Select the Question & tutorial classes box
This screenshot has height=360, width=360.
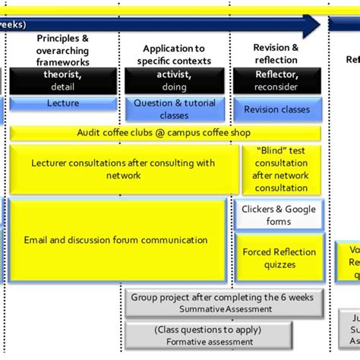click(174, 109)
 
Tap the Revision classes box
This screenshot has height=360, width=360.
click(276, 109)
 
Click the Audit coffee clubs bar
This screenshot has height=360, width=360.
click(164, 133)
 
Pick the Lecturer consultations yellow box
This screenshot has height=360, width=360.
click(124, 169)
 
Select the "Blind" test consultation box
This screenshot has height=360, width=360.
click(280, 169)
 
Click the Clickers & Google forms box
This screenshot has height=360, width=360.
click(278, 215)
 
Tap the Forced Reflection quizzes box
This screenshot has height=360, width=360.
click(278, 257)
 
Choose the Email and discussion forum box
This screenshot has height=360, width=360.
click(116, 240)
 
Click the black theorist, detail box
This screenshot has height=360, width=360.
click(62, 81)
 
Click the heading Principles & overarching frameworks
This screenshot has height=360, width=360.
click(62, 50)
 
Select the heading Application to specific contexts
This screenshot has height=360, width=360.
click(174, 54)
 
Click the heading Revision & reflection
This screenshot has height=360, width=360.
click(276, 54)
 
